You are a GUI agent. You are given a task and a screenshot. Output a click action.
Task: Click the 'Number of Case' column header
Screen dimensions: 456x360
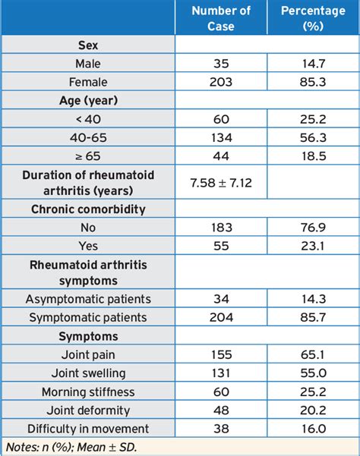[221, 18]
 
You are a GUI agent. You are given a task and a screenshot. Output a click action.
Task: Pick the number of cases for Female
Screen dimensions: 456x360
[221, 82]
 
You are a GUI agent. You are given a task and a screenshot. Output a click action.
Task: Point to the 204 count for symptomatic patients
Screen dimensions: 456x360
[221, 317]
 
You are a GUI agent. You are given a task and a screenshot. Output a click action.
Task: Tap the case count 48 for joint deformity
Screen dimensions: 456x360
[221, 410]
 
